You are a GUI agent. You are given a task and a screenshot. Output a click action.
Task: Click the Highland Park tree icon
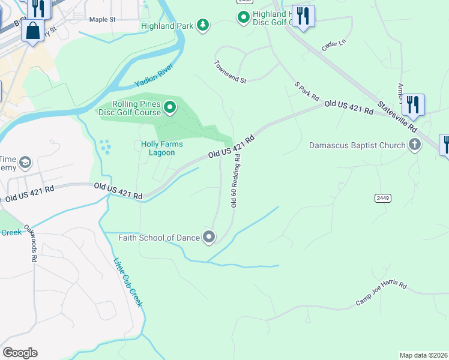click(x=203, y=25)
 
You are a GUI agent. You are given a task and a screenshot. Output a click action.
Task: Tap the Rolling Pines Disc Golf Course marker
click(x=170, y=108)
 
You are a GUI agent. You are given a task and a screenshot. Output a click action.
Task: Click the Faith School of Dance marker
click(x=209, y=238)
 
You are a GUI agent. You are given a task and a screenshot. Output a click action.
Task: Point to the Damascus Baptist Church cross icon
click(x=414, y=145)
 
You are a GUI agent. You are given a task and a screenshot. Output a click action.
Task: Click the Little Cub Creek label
click(x=128, y=282)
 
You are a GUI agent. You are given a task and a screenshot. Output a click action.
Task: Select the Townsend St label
click(x=231, y=71)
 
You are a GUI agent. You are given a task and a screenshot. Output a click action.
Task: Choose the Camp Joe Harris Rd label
click(x=381, y=294)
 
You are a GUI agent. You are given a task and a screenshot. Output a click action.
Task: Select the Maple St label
click(x=102, y=19)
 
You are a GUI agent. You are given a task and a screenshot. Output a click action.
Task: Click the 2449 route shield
click(x=382, y=197)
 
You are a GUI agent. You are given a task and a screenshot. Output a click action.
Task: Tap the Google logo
click(x=20, y=353)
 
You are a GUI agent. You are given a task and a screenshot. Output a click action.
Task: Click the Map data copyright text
click(x=423, y=355)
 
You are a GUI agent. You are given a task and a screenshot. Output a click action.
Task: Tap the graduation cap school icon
click(x=25, y=162)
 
